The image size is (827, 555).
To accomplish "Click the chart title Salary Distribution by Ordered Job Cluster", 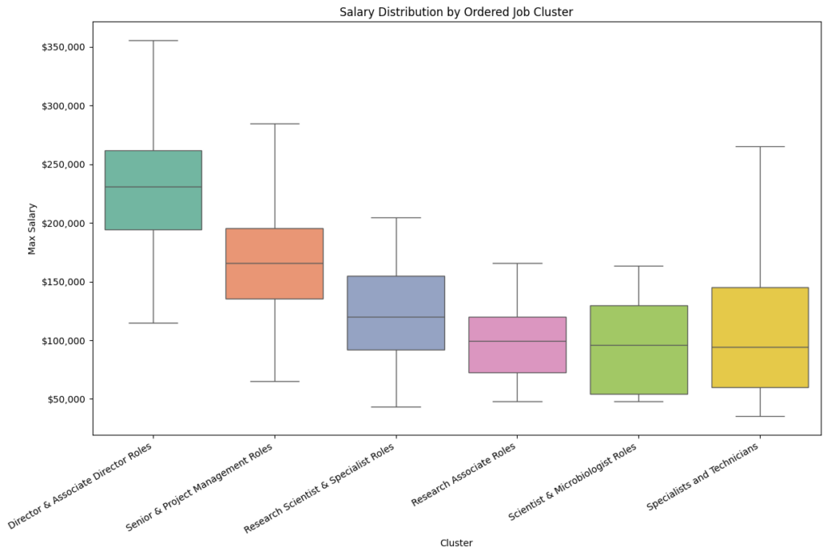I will click(456, 11).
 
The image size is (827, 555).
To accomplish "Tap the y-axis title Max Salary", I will click(32, 229).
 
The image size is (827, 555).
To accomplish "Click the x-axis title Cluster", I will click(456, 543).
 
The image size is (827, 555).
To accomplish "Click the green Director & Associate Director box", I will click(153, 170).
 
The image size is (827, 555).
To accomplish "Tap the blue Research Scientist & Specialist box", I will click(396, 295).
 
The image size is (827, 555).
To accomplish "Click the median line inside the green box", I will click(153, 187).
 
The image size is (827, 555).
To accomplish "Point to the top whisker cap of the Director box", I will click(153, 40).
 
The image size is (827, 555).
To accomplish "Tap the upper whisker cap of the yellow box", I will click(759, 146).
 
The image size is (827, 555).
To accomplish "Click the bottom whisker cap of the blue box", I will click(396, 406).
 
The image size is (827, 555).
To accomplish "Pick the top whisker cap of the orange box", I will click(275, 124).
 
